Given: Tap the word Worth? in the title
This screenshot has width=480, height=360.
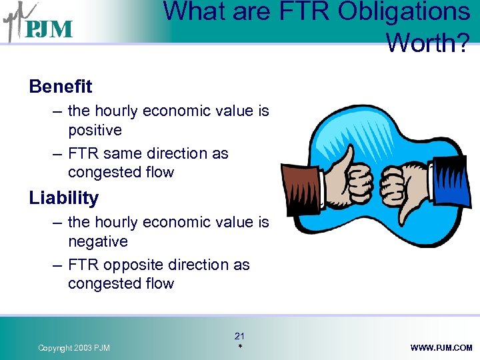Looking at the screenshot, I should pyautogui.click(x=427, y=42).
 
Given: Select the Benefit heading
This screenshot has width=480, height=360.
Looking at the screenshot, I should pyautogui.click(x=61, y=87).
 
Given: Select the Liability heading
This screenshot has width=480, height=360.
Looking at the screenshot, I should pyautogui.click(x=64, y=198).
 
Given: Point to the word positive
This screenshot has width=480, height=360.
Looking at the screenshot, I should pyautogui.click(x=95, y=130).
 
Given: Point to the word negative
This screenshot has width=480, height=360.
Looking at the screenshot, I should pyautogui.click(x=97, y=241).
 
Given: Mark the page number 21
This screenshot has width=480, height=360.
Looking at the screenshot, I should pyautogui.click(x=240, y=336).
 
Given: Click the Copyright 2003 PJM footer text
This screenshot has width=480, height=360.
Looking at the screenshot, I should pyautogui.click(x=74, y=348).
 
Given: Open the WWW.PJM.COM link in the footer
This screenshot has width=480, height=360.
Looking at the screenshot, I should pyautogui.click(x=441, y=348).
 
